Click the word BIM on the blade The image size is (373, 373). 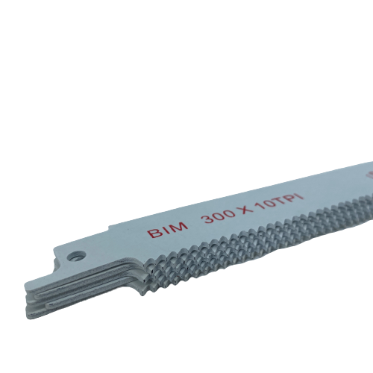click(167, 229)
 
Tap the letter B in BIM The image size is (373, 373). click(153, 233)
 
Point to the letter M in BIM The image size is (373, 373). click(180, 226)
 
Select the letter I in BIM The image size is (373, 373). click(166, 230)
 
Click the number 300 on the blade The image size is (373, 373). click(219, 216)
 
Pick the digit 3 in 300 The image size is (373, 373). click(208, 219)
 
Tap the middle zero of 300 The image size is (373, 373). click(219, 215)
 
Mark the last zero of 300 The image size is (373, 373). click(230, 213)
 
